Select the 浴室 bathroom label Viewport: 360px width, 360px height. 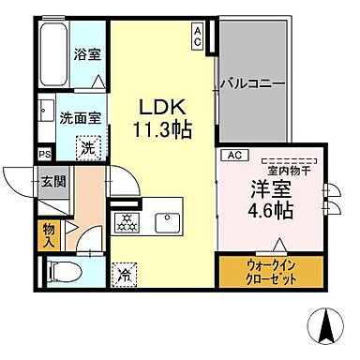87,53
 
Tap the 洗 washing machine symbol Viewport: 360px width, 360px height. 85,147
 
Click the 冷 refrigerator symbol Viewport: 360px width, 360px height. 124,275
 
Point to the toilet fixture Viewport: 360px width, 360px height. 62,272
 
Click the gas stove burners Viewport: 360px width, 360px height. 125,224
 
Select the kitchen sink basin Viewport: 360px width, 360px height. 165,223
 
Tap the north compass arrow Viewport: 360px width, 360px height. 328,325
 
